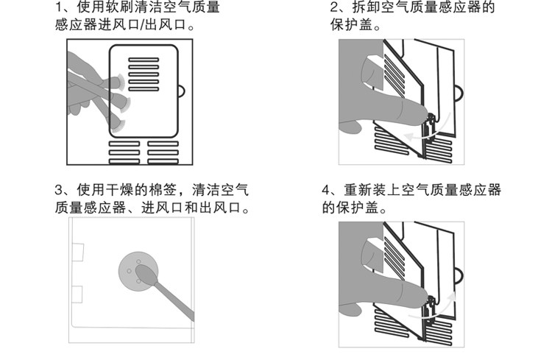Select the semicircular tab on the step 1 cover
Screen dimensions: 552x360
(x=182, y=92)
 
